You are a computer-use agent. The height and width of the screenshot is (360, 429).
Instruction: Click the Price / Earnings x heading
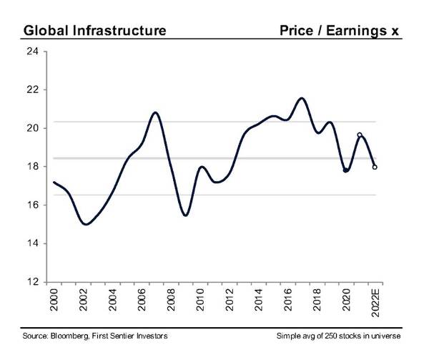[x=339, y=31]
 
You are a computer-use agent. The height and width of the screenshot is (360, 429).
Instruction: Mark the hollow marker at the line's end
[x=375, y=167]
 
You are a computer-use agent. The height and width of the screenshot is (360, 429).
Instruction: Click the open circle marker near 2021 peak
[x=360, y=135]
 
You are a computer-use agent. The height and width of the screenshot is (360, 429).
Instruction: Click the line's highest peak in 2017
[x=301, y=98]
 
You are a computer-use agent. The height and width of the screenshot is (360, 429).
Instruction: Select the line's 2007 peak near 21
[x=155, y=112]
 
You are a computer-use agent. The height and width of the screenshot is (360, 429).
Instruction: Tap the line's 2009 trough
[x=185, y=215]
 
